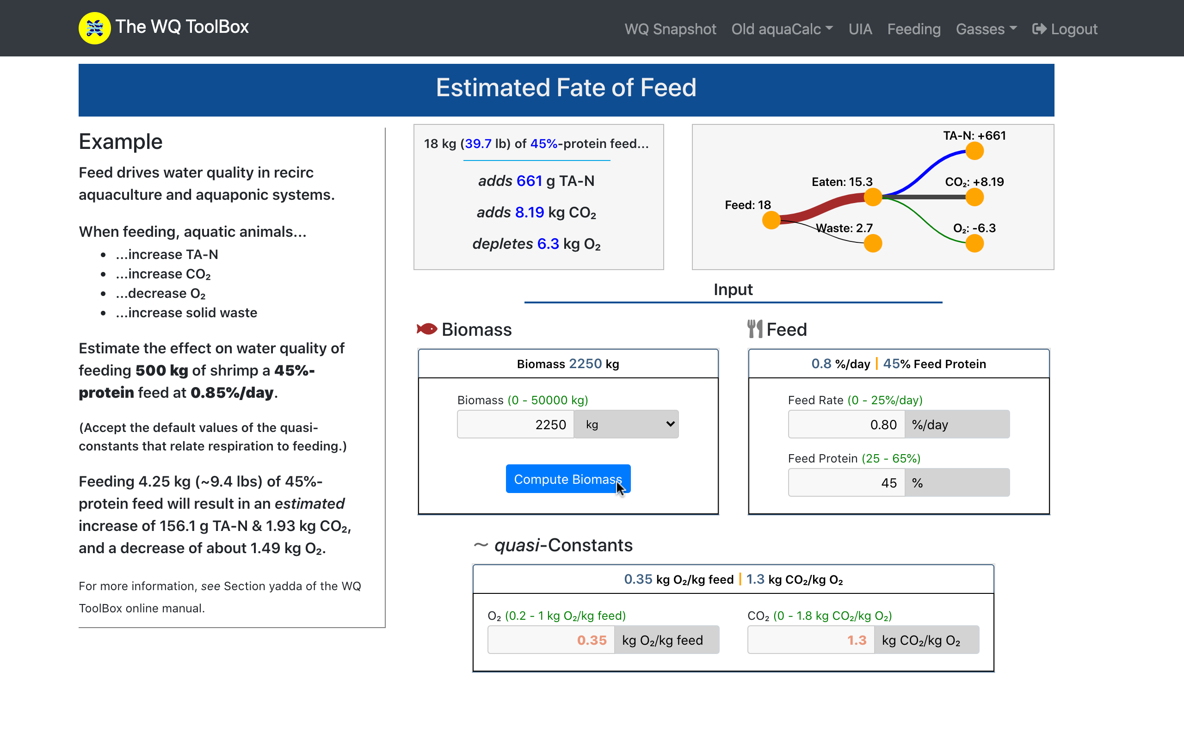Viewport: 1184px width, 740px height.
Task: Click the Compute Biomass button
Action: point(567,479)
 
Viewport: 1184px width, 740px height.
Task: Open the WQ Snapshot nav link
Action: point(670,29)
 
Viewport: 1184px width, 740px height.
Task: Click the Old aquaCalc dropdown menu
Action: point(781,29)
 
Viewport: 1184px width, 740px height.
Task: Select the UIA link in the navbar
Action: point(860,29)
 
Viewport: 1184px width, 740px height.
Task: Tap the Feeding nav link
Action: point(913,29)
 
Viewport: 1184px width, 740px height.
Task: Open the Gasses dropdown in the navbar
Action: point(986,29)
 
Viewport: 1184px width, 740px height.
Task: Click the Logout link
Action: point(1065,29)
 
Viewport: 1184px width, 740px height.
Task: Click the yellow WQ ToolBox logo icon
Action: point(94,28)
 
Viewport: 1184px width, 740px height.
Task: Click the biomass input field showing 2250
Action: point(515,424)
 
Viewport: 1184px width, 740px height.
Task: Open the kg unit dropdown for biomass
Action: point(626,424)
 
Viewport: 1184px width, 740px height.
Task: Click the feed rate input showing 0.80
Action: point(846,424)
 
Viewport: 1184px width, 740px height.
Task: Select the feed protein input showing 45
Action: point(846,482)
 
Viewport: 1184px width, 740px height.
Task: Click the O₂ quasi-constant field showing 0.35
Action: point(550,640)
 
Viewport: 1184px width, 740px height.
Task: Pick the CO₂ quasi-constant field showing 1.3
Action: point(810,640)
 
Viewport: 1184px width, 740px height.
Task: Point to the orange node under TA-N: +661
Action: point(974,151)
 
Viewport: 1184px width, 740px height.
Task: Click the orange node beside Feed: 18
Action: point(771,220)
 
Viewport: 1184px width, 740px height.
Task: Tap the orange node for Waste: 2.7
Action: point(873,243)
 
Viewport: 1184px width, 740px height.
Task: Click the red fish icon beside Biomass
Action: point(426,329)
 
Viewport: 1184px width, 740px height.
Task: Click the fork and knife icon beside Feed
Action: point(754,329)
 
